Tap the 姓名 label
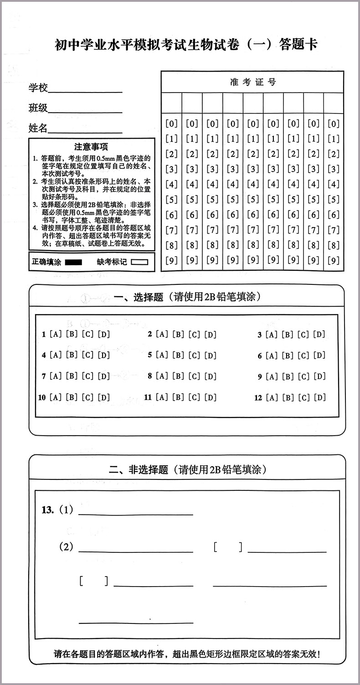click(x=38, y=128)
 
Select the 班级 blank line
click(x=85, y=112)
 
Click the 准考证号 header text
click(x=253, y=82)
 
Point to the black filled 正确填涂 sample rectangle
click(x=73, y=262)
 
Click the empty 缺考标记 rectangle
click(x=140, y=262)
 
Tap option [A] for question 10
click(x=56, y=397)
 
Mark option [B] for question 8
click(x=178, y=376)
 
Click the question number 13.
click(x=47, y=510)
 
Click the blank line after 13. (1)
click(x=136, y=514)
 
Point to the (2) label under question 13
click(x=66, y=547)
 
